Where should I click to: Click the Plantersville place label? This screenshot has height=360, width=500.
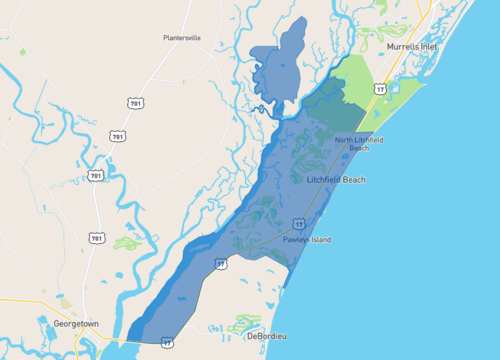183,38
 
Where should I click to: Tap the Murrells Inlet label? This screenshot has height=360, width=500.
411,47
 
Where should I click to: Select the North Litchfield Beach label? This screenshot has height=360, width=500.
359,144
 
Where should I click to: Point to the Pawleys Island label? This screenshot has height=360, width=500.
306,240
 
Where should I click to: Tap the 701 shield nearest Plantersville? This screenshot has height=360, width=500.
134,103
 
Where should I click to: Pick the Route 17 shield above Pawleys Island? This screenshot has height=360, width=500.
298,223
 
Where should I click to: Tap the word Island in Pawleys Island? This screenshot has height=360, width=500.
319,240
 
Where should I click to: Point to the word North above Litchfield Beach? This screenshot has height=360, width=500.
345,140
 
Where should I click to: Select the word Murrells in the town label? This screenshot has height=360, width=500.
401,47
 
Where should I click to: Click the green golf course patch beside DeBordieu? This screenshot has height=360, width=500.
243,324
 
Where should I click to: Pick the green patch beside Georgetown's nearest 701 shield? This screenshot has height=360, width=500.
125,242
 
